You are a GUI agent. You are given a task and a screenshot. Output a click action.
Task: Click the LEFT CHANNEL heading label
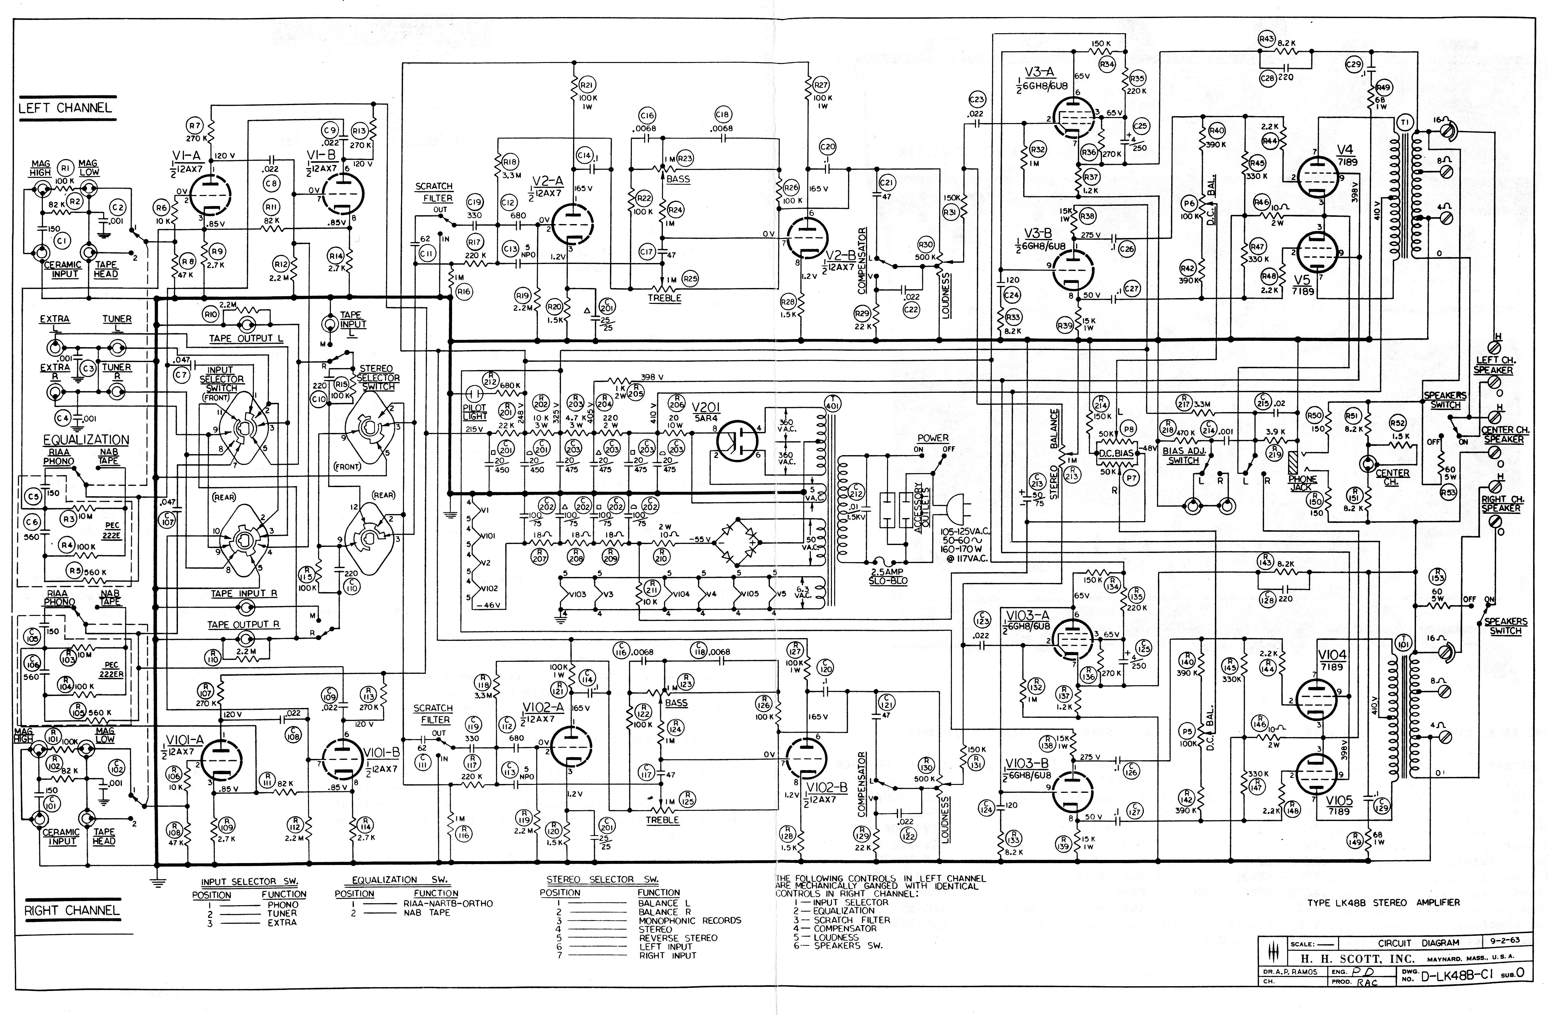65,108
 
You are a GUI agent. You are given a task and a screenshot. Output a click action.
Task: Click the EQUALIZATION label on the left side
86,440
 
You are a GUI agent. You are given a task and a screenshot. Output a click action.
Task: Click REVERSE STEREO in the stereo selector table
678,938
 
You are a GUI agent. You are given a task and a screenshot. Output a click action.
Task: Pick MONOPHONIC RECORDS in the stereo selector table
689,921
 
